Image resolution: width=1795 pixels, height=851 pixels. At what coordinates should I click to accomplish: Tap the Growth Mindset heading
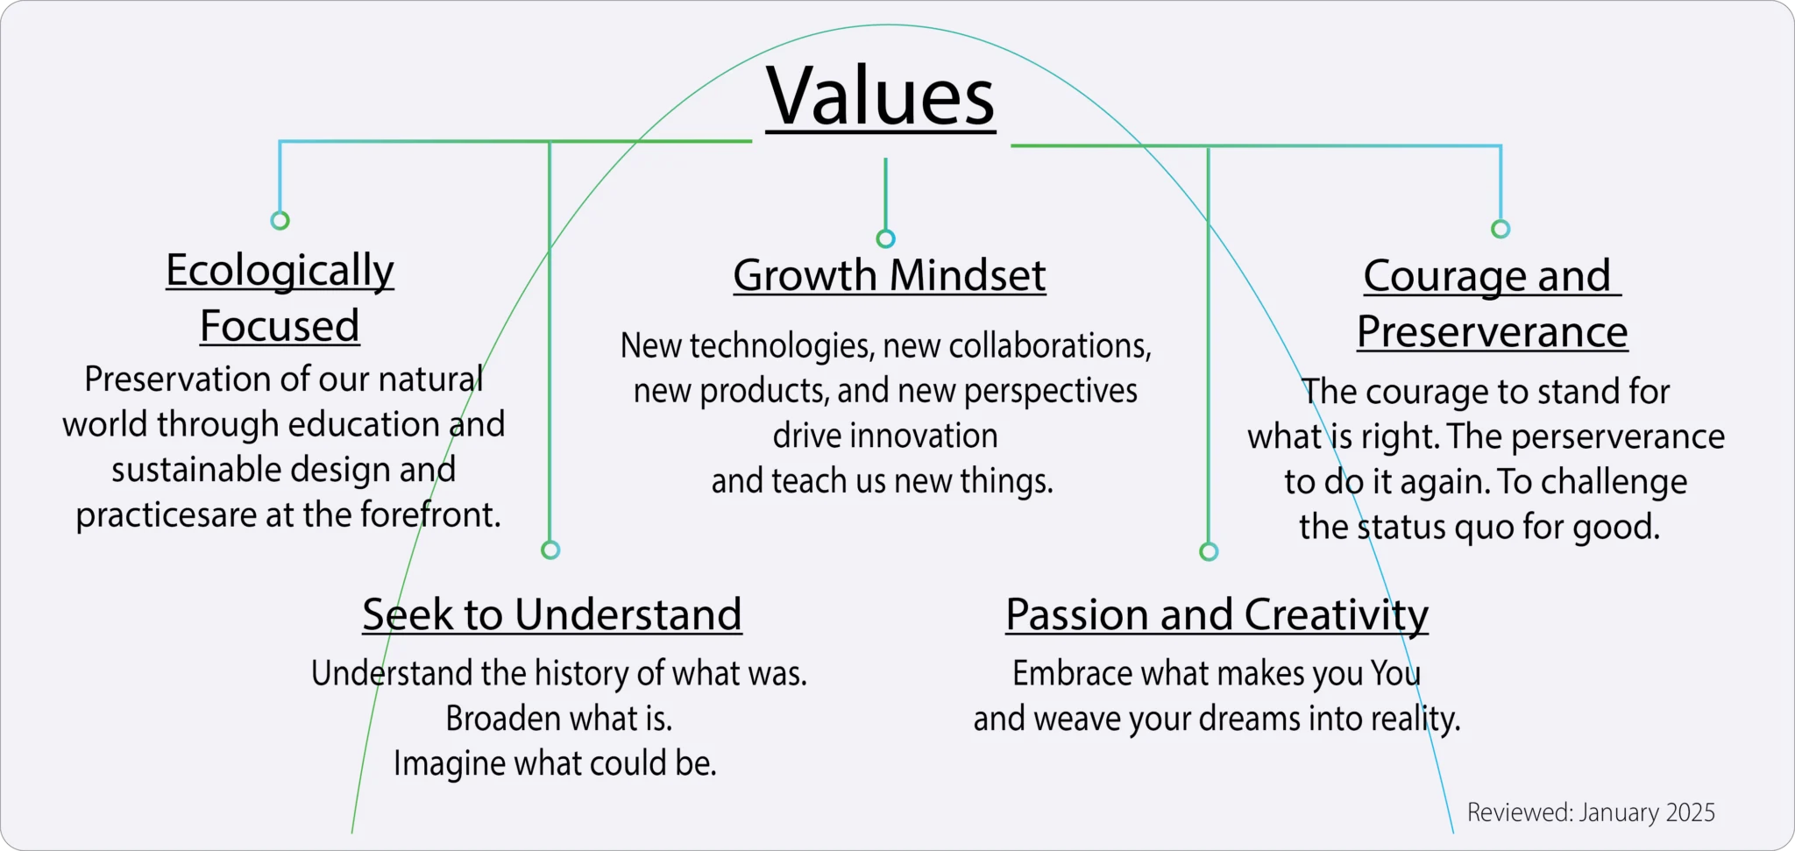pyautogui.click(x=890, y=275)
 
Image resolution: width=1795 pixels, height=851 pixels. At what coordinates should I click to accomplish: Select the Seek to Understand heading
pyautogui.click(x=552, y=613)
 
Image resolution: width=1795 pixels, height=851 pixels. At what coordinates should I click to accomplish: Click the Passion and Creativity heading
pyautogui.click(x=1217, y=615)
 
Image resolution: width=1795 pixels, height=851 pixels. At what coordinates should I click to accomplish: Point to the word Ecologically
pyautogui.click(x=280, y=271)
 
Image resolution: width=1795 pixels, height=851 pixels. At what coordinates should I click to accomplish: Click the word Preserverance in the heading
pyautogui.click(x=1493, y=331)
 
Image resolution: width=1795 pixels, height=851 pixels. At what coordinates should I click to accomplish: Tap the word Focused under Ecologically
pyautogui.click(x=280, y=326)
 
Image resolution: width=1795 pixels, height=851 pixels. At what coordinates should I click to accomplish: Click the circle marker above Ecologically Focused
pyautogui.click(x=280, y=220)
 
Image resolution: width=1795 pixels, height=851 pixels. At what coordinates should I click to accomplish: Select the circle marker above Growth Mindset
pyautogui.click(x=886, y=238)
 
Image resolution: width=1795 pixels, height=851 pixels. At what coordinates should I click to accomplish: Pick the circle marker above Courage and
pyautogui.click(x=1501, y=229)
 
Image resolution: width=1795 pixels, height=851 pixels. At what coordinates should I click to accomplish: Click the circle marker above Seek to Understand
pyautogui.click(x=550, y=550)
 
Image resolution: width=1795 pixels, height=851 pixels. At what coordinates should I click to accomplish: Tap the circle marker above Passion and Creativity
pyautogui.click(x=1209, y=551)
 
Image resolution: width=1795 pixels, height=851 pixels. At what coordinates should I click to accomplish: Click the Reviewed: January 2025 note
pyautogui.click(x=1591, y=812)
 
